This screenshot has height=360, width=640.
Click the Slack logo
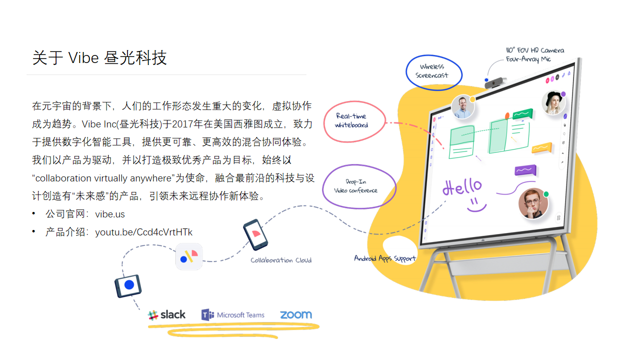[166, 315]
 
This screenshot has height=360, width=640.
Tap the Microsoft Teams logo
[233, 315]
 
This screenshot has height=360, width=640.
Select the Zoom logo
[296, 314]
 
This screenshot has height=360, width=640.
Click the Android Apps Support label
[385, 258]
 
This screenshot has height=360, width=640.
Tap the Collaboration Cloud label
[281, 260]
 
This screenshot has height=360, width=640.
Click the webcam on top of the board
[495, 82]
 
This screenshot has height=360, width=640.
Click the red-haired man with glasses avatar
[533, 203]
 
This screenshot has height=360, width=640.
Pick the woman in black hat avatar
[553, 102]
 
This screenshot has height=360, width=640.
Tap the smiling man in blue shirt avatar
[463, 107]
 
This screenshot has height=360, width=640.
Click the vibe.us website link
[110, 214]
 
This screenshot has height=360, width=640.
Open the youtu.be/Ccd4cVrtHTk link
[143, 232]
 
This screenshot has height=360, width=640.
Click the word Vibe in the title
[83, 57]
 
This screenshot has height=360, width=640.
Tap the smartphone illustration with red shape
[255, 234]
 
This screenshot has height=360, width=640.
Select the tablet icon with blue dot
[128, 285]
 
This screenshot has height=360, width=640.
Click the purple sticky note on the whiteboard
[525, 170]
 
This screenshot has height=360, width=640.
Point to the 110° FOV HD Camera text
[535, 50]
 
